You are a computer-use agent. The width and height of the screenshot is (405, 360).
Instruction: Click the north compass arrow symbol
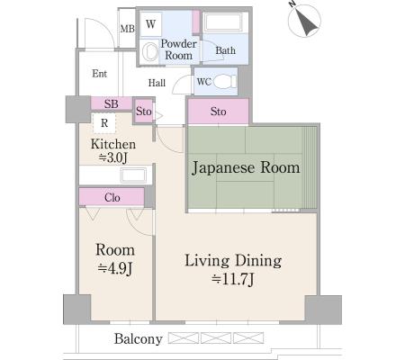coord(304,21)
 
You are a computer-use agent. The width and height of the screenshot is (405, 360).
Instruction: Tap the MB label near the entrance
coord(127,29)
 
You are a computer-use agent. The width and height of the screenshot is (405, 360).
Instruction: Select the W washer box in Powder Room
coord(150,24)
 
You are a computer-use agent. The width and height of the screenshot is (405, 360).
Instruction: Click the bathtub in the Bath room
coord(223,22)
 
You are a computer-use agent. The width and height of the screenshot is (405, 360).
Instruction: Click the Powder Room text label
coord(178,49)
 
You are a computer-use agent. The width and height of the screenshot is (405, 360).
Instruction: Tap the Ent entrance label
coord(99,74)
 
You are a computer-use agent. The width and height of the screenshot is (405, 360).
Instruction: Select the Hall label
coord(157,83)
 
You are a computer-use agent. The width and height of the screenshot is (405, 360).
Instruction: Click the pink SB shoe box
coord(112,103)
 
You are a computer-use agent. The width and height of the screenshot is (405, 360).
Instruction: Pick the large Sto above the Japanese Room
coord(218,112)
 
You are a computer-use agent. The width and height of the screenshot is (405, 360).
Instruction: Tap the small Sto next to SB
coord(143,112)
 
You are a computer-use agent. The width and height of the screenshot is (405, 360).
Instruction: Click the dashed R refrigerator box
coord(104,123)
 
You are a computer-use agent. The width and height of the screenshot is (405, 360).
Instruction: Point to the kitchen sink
coord(133,175)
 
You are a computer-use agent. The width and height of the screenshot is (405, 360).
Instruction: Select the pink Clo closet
coord(112,197)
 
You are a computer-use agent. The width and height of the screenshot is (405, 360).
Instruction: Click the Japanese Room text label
coord(246,167)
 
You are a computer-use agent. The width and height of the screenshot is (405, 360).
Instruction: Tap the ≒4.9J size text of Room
coord(115,268)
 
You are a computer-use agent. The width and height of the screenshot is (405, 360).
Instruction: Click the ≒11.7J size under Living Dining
coord(233,279)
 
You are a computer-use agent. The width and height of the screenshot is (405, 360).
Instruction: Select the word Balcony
coord(139,339)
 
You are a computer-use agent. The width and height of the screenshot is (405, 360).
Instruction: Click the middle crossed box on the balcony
coord(216,337)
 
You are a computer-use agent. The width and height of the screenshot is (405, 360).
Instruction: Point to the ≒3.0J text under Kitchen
coord(113,157)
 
